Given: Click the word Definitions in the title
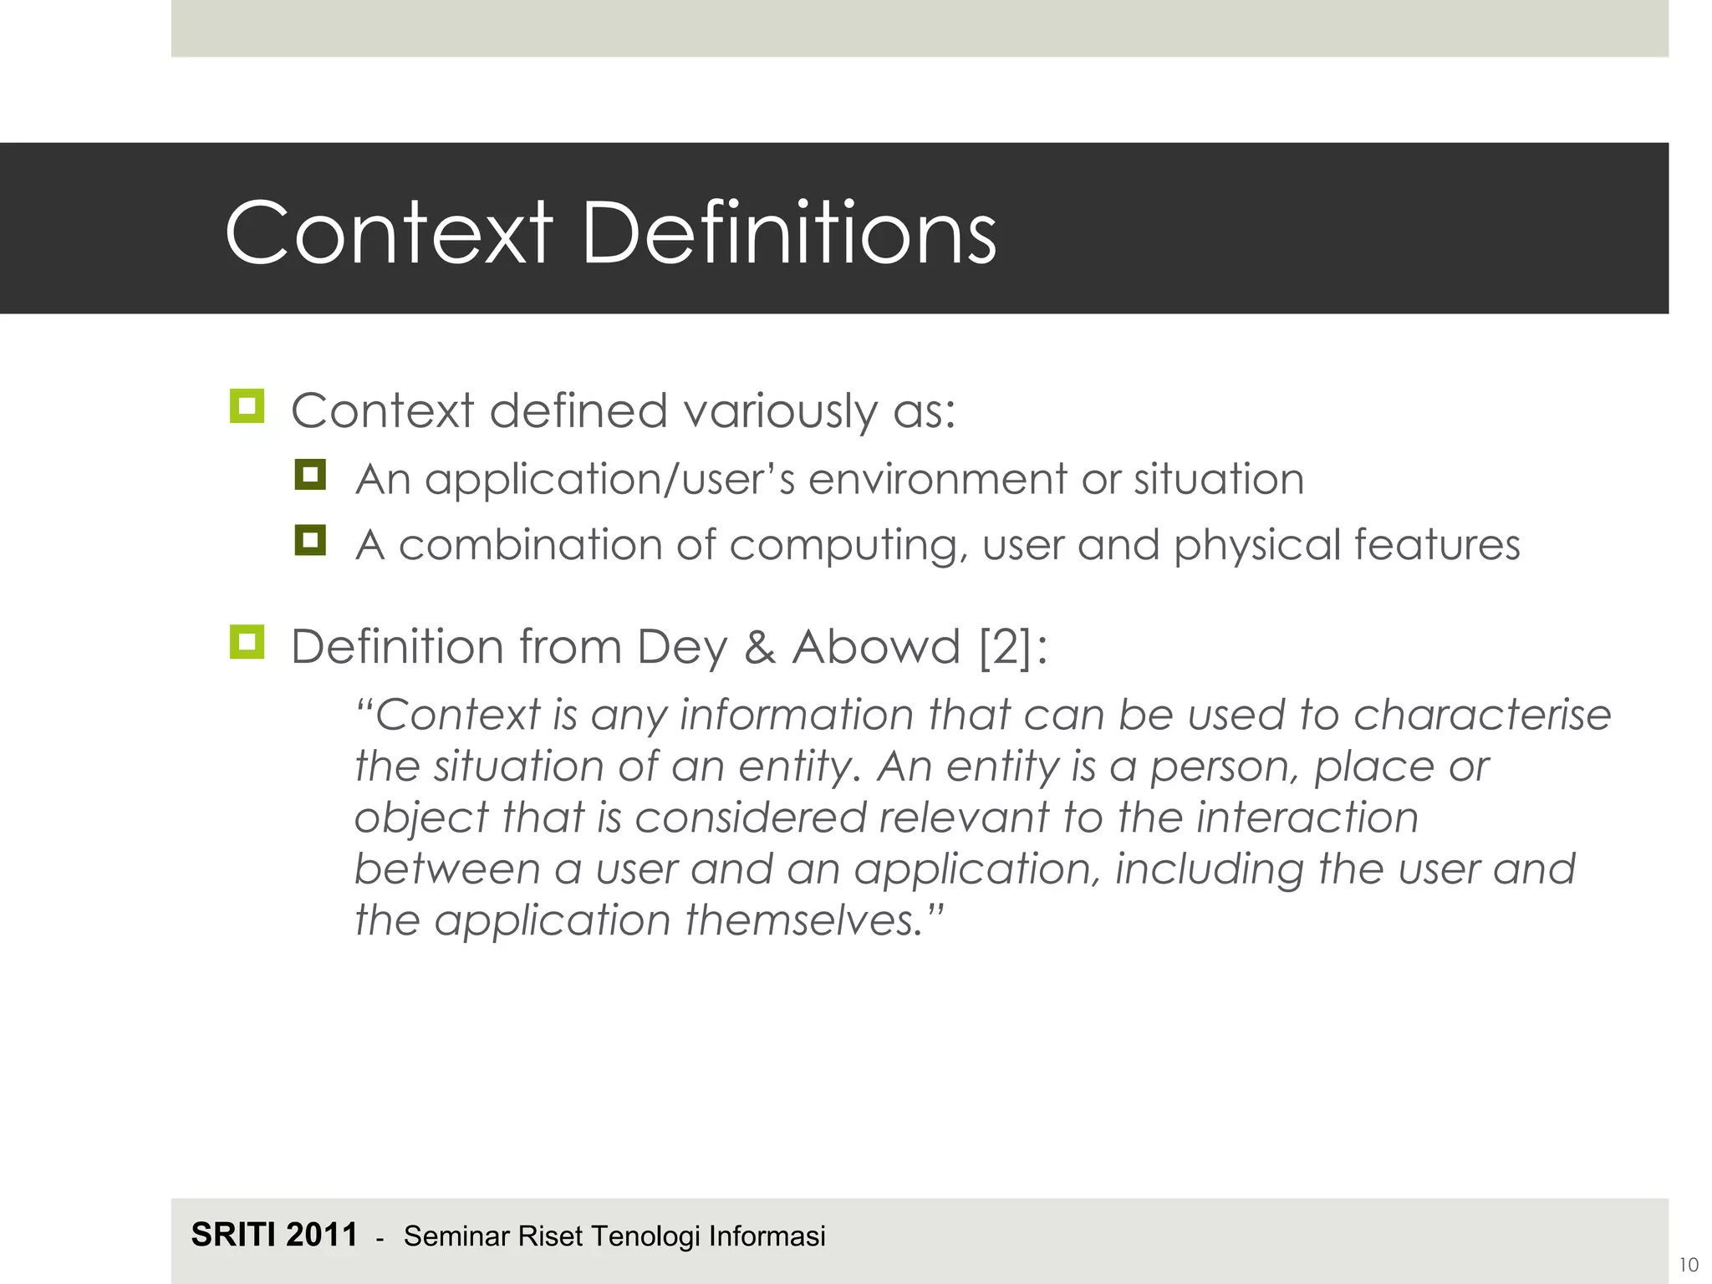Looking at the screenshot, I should [x=788, y=233].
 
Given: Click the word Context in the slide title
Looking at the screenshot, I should [x=389, y=233].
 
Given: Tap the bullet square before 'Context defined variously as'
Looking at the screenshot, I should [x=247, y=406].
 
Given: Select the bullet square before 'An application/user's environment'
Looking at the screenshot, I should [x=310, y=475].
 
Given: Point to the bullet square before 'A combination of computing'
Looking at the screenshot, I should [x=310, y=540].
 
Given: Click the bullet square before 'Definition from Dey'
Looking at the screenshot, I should [x=247, y=642].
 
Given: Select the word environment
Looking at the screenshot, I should [x=937, y=480].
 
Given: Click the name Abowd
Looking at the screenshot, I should [x=876, y=647].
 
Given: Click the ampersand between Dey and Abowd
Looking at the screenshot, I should [x=759, y=647].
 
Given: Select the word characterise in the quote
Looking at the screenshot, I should [x=1481, y=716].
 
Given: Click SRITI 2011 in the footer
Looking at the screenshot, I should [x=274, y=1235].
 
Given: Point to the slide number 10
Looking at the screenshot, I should [x=1689, y=1265].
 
